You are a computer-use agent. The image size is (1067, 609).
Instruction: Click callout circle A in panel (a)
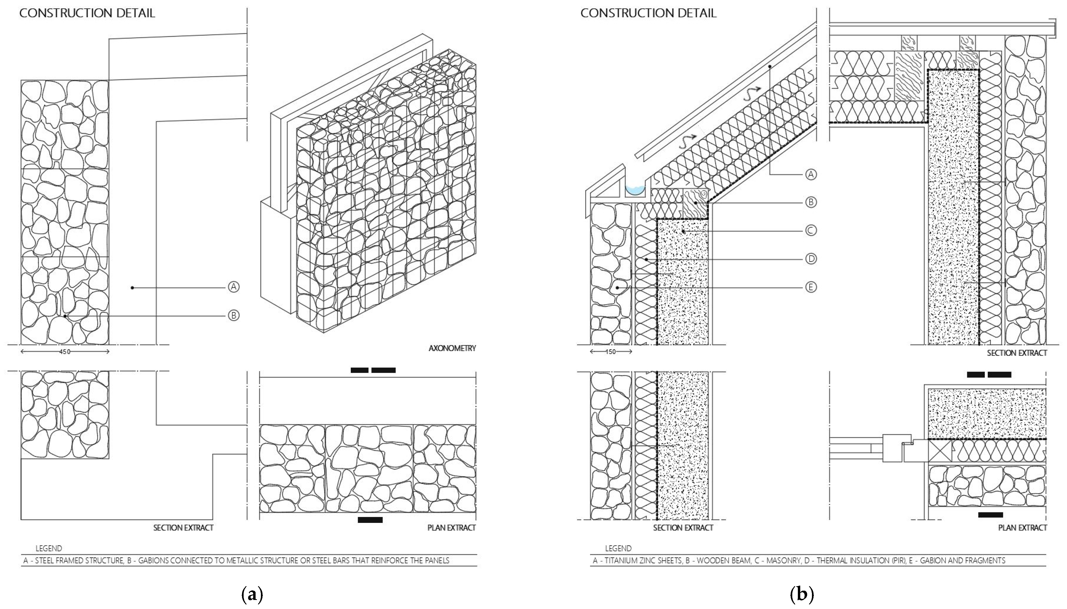[234, 287]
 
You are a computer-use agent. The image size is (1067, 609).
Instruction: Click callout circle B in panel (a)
[234, 315]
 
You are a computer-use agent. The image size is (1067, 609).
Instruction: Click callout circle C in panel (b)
[811, 230]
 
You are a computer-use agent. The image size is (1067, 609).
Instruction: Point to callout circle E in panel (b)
[811, 287]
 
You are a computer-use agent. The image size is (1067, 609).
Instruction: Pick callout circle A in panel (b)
[811, 174]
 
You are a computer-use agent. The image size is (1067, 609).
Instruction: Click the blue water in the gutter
[635, 191]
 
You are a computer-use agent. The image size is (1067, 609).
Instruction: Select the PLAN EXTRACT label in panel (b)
[1022, 528]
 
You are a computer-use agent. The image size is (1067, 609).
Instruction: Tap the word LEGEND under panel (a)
[49, 548]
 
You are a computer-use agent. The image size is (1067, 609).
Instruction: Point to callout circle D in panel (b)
[811, 259]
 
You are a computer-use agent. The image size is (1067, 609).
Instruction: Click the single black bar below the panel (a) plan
[370, 520]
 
